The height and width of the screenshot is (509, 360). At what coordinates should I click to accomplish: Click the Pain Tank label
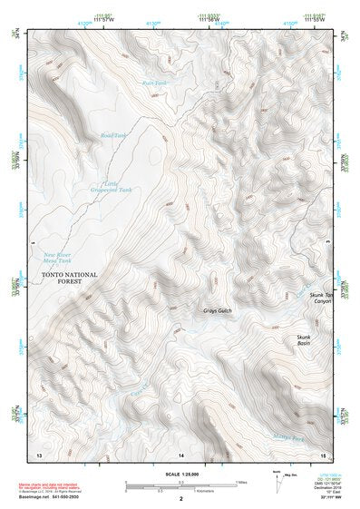click(x=155, y=83)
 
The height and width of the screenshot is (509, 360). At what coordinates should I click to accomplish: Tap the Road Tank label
click(x=113, y=135)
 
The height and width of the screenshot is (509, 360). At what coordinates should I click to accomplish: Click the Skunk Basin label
click(x=304, y=341)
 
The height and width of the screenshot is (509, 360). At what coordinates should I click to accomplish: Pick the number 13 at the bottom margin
click(x=38, y=453)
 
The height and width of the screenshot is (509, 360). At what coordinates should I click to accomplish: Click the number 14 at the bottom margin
click(x=181, y=453)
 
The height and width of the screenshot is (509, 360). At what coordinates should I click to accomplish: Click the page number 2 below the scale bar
click(x=181, y=499)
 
